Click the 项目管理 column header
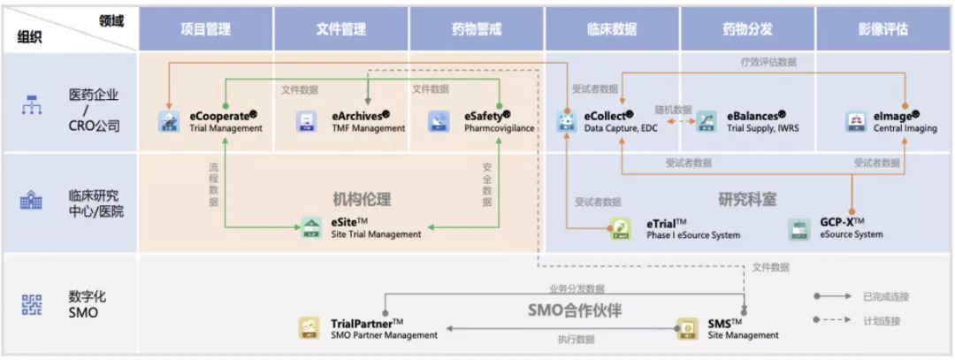click(205, 29)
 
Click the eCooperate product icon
click(168, 122)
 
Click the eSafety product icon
click(440, 122)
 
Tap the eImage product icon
click(856, 122)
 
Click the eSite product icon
click(311, 228)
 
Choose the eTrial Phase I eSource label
click(693, 228)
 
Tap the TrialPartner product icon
click(309, 329)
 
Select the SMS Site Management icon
click(687, 329)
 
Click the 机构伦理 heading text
click(362, 199)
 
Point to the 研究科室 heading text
click(747, 199)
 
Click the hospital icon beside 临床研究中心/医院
click(31, 202)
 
